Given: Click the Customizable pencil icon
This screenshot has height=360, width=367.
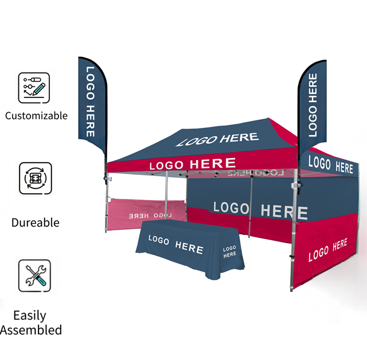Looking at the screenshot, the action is point(34,88).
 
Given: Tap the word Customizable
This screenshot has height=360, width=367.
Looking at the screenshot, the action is point(36,116).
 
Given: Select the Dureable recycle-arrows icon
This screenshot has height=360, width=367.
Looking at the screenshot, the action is point(36,178).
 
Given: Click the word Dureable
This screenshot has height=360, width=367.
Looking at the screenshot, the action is point(36,222).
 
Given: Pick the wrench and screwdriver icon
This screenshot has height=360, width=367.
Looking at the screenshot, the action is point(34,276).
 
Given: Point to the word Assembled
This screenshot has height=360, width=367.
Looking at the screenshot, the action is point(31,330).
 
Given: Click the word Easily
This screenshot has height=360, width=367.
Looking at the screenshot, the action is point(30,316).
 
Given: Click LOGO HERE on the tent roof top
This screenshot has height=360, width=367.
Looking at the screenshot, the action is point(217,139).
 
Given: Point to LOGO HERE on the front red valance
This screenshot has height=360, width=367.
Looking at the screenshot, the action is point(193,164).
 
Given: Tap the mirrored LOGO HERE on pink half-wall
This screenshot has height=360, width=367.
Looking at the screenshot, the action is point(150,216).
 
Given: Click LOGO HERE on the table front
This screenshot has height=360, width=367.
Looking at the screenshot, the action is point(176,244).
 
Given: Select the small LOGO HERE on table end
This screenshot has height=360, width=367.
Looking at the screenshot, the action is point(229,252).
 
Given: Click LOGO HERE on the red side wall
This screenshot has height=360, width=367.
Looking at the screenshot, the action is point(327,250).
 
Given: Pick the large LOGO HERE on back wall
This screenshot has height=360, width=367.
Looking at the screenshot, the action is point(260,210).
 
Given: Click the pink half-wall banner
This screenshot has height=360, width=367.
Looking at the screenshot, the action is point(146,214).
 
